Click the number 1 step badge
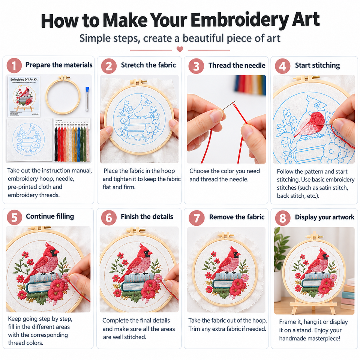tap(14, 66)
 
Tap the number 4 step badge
tap(282, 66)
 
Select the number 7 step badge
tap(196, 218)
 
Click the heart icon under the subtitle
tap(180, 49)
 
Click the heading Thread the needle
tap(237, 65)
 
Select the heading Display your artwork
tap(324, 217)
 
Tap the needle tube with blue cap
tap(87, 99)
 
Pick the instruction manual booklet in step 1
tap(24, 96)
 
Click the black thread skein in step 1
tap(56, 145)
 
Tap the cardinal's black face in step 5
tap(54, 253)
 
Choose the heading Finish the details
tap(147, 217)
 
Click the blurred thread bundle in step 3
tap(250, 85)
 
